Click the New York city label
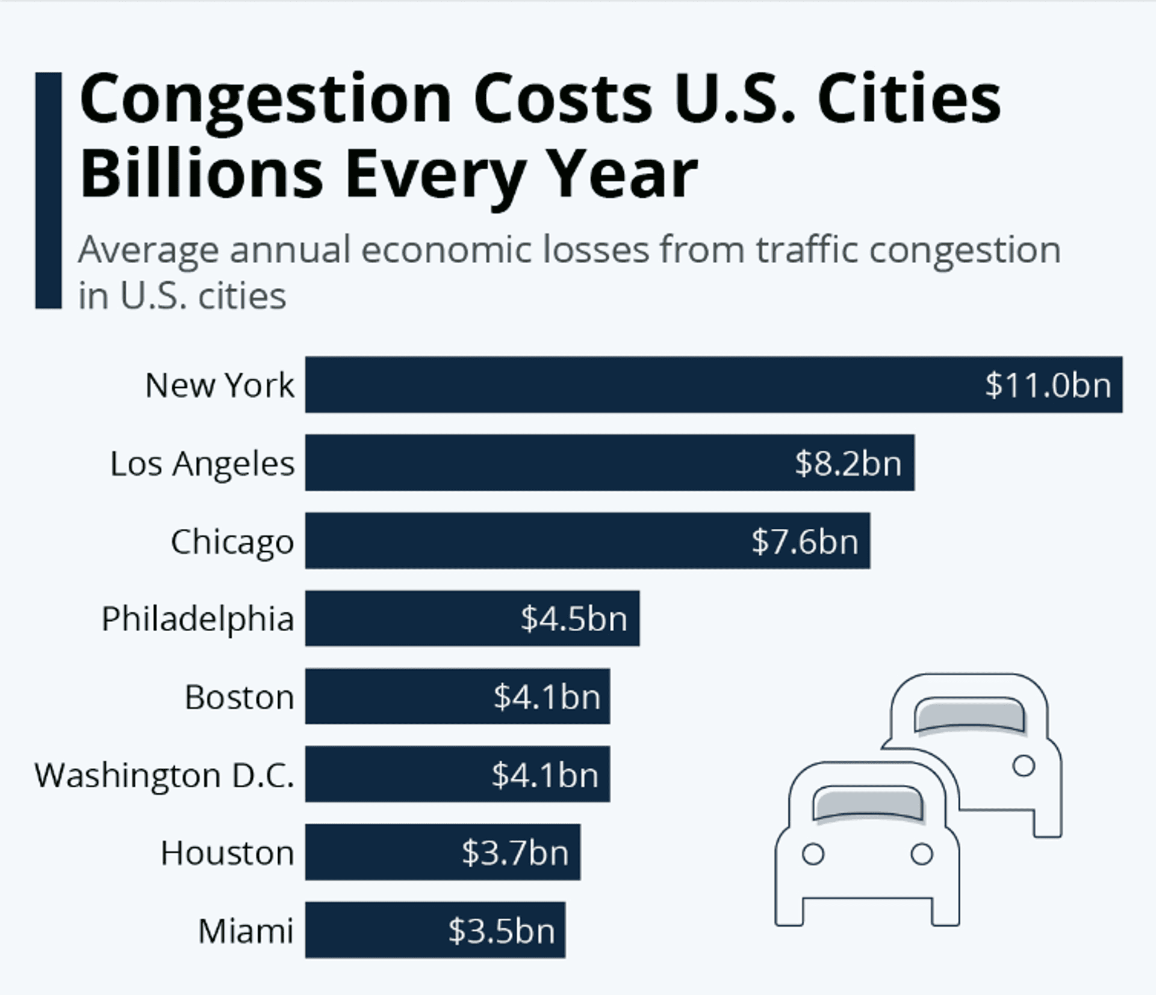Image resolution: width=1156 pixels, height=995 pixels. click(220, 385)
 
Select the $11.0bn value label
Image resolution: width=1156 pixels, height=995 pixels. click(1048, 385)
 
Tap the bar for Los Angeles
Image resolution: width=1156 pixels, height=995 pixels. click(542, 463)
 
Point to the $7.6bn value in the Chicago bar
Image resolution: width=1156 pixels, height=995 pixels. click(805, 541)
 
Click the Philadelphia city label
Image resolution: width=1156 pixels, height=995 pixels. click(197, 619)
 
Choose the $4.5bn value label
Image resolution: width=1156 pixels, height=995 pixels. click(574, 619)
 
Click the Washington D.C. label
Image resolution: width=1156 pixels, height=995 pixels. click(164, 775)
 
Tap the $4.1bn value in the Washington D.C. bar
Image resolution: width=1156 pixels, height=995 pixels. click(545, 775)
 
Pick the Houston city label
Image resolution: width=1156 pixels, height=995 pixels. click(227, 853)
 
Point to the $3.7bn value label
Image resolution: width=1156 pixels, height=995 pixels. click(515, 853)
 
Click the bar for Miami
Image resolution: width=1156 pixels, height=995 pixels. click(373, 931)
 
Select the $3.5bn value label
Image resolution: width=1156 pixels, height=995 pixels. click(501, 931)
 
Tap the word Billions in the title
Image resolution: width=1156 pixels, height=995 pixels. click(202, 175)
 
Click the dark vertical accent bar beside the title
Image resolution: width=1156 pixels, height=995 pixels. click(48, 190)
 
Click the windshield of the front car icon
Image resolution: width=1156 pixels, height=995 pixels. click(868, 803)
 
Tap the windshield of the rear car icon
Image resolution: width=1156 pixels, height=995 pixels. click(969, 715)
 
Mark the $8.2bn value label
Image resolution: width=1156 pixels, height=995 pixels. click(848, 463)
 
